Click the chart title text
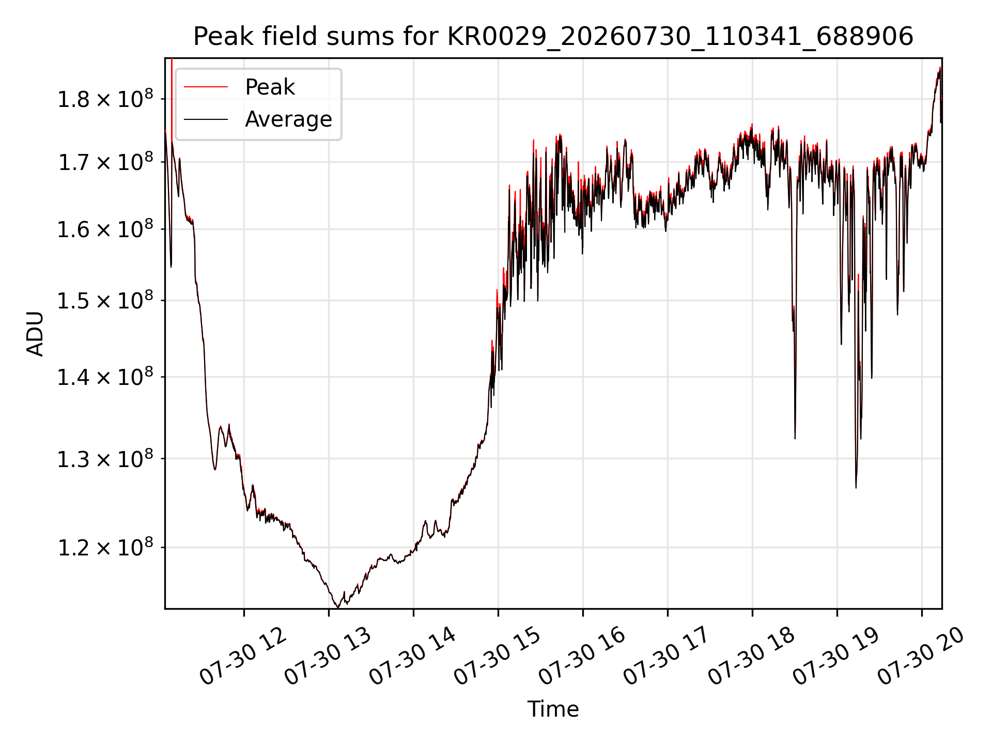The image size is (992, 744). [553, 37]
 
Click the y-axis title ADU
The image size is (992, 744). [35, 333]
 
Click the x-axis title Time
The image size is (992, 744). [553, 709]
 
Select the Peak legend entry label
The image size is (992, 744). [270, 87]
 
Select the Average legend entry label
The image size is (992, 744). [288, 119]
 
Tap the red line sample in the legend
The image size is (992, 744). [206, 87]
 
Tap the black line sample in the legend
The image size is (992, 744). [206, 119]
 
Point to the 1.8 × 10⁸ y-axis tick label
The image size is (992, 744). [105, 99]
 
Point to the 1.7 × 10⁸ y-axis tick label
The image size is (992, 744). [105, 162]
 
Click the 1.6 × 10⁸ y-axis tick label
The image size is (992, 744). [105, 229]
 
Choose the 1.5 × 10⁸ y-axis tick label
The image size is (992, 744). [105, 301]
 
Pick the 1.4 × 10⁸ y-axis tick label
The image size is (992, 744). [105, 377]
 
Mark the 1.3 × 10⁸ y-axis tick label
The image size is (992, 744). [105, 459]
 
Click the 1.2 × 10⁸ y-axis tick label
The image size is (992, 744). [105, 547]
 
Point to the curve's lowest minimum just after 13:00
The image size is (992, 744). [338, 607]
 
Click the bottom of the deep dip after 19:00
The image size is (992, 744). [856, 487]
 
